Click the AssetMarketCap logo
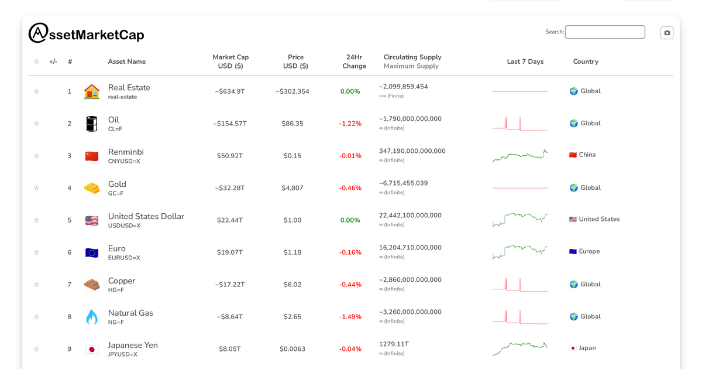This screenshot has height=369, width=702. coord(86,34)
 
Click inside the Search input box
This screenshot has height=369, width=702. coord(605,32)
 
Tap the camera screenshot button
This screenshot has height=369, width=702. coord(667,33)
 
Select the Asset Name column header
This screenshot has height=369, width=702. coord(127,61)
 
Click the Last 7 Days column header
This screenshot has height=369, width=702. coord(525,61)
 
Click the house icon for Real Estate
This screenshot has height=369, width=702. coord(92,91)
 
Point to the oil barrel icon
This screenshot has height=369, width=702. coord(92,124)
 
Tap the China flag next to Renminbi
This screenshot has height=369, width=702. coord(92,156)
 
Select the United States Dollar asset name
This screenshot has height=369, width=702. coord(146,216)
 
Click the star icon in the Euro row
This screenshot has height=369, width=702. coord(36,252)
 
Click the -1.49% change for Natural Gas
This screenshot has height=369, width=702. coord(350,317)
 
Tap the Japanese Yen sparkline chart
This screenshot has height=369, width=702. coord(520,348)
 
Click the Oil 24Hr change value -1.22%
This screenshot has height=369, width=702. coord(350,124)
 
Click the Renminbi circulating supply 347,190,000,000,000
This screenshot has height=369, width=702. coord(412,151)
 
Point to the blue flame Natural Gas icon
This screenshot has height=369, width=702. coord(92,317)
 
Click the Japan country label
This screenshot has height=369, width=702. coord(587,348)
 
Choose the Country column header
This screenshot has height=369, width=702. coord(586,61)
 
